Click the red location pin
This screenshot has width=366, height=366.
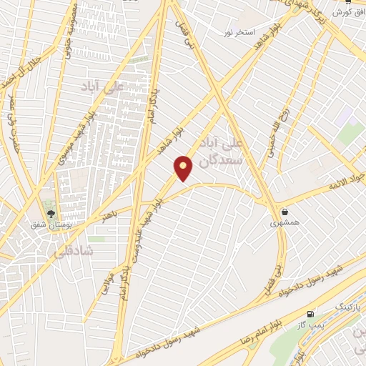(x=184, y=168)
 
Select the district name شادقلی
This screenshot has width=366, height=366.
(x=69, y=252)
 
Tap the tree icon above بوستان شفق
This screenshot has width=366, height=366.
(x=50, y=212)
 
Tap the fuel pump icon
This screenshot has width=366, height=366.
(x=310, y=314)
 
